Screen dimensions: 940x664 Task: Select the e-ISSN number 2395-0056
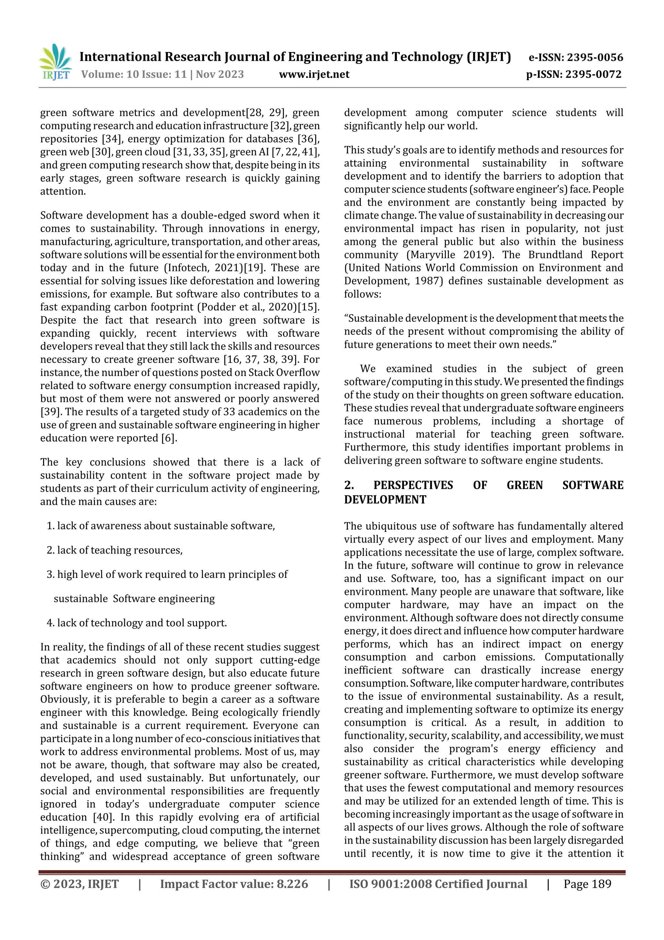[x=576, y=57]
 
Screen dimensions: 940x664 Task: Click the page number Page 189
[x=587, y=884]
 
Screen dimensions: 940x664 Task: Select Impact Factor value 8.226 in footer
[x=234, y=884]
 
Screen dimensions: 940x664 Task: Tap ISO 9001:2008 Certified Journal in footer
[x=438, y=884]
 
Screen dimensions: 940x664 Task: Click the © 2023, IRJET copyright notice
[x=79, y=884]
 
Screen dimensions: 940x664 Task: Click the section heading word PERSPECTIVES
[x=413, y=485]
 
